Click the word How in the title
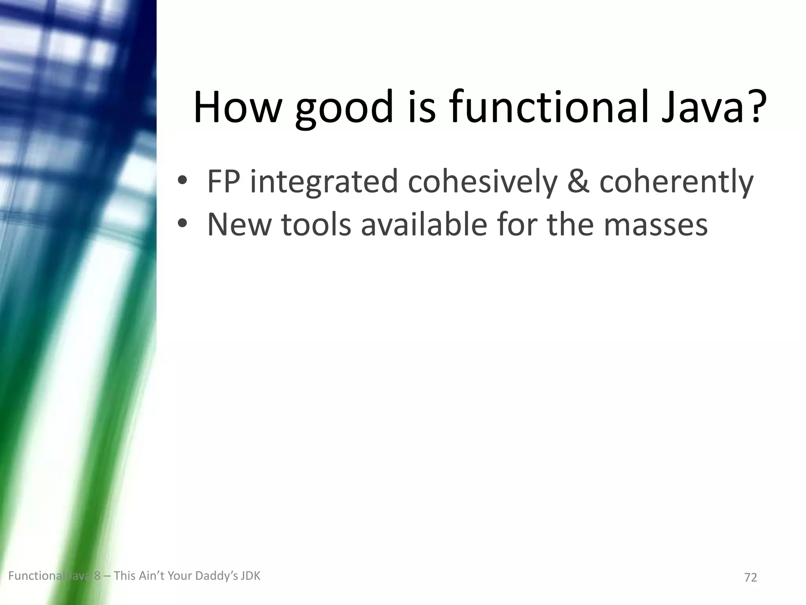click(x=237, y=107)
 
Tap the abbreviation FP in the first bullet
click(x=223, y=181)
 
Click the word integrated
click(x=324, y=182)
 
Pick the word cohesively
click(x=482, y=182)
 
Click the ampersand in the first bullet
click(x=579, y=182)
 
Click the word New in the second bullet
click(x=239, y=225)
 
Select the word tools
click(x=316, y=225)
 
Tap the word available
click(x=424, y=225)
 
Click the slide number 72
click(x=751, y=577)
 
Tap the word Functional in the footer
click(x=35, y=576)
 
